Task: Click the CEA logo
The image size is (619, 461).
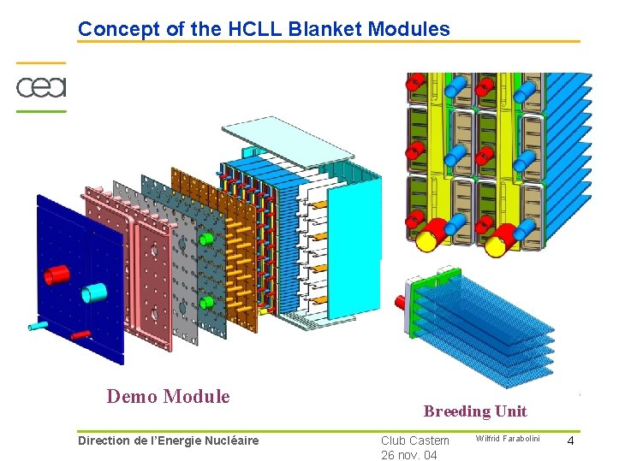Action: (x=41, y=87)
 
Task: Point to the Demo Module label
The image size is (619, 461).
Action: (x=168, y=397)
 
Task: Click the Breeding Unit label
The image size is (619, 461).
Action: (x=475, y=411)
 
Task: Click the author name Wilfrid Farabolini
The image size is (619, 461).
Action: (x=509, y=439)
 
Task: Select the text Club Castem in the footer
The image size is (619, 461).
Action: (x=415, y=440)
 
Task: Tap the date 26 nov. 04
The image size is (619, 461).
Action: (x=409, y=455)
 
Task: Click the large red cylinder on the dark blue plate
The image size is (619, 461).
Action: (x=57, y=275)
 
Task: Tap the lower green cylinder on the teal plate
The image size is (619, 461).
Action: (x=206, y=303)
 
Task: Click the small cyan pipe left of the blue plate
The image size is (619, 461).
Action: (x=39, y=325)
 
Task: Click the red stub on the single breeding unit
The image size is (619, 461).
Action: (x=400, y=301)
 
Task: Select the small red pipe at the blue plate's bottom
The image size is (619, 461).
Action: (x=80, y=334)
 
